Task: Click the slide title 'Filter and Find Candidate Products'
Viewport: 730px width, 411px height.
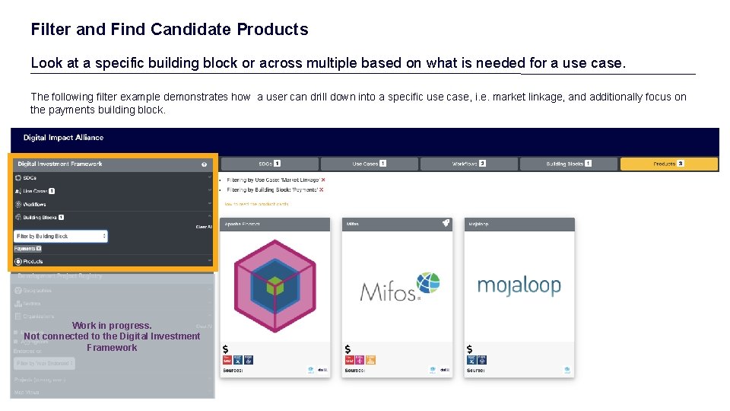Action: (x=170, y=30)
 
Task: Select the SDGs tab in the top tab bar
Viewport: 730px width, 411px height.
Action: (x=268, y=164)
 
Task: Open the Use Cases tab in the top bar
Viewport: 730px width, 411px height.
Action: (x=369, y=164)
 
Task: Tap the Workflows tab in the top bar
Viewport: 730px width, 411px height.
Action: (x=468, y=164)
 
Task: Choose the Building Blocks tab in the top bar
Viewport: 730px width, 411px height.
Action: (x=568, y=164)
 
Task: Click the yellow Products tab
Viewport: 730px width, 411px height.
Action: (x=668, y=164)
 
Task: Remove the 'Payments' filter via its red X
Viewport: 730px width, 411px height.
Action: (x=322, y=190)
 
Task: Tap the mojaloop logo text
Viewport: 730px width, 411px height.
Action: (x=519, y=285)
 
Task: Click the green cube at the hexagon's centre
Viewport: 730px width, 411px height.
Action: (x=275, y=287)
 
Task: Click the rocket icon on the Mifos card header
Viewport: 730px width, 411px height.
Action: (x=446, y=224)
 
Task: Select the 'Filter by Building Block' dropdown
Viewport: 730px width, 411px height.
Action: (x=61, y=237)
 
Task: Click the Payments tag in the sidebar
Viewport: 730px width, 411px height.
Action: (x=27, y=249)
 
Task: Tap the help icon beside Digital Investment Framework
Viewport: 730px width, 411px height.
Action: (x=204, y=164)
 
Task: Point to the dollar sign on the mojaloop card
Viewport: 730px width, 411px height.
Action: (x=469, y=349)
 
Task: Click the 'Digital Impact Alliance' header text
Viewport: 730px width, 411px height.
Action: (x=63, y=138)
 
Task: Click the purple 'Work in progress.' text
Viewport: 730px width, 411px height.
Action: (x=112, y=326)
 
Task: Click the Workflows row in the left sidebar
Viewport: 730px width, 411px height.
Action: (x=34, y=205)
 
